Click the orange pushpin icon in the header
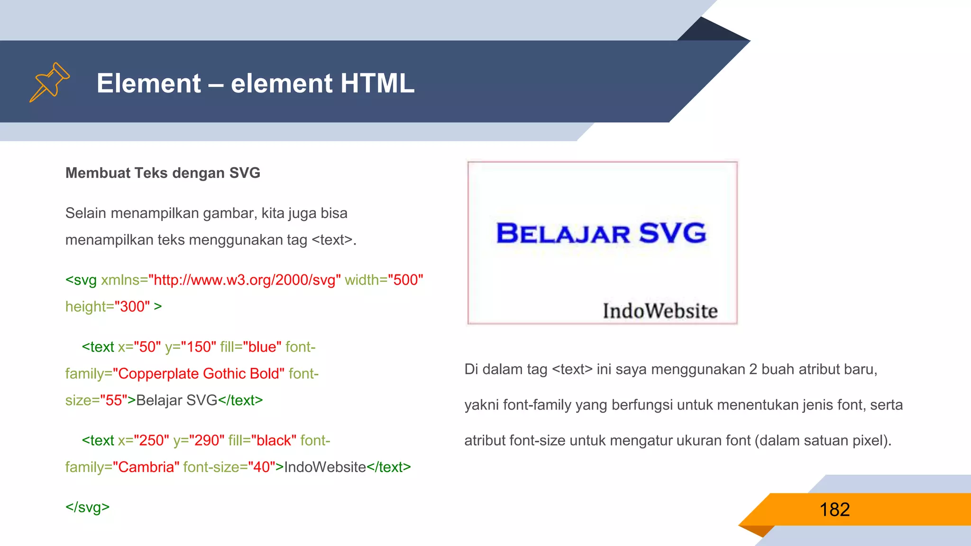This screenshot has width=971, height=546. tap(49, 82)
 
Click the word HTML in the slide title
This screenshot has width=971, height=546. tap(377, 83)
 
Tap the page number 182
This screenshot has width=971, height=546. tap(834, 510)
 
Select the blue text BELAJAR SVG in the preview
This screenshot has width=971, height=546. tap(601, 233)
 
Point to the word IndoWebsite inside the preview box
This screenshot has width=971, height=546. tap(660, 311)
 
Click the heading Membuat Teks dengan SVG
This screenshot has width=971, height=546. tap(163, 173)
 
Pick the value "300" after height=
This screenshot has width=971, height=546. tap(132, 307)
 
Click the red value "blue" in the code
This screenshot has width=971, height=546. tap(262, 347)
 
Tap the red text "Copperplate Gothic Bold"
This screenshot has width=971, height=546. tap(199, 373)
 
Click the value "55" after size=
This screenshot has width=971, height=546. tap(114, 400)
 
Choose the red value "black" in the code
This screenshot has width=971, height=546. tap(274, 440)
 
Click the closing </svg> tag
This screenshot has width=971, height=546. tap(88, 507)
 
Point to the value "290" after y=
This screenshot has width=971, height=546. tap(207, 440)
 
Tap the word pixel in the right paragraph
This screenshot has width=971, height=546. tap(869, 440)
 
